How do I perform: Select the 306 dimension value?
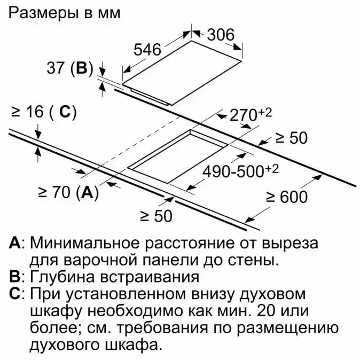pyautogui.click(x=220, y=34)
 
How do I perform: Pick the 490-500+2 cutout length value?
pyautogui.click(x=241, y=171)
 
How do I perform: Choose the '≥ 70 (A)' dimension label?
pyautogui.click(x=69, y=193)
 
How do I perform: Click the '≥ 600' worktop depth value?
pyautogui.click(x=287, y=197)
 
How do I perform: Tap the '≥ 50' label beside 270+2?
pyautogui.click(x=291, y=138)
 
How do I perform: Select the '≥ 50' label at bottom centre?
pyautogui.click(x=156, y=216)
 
